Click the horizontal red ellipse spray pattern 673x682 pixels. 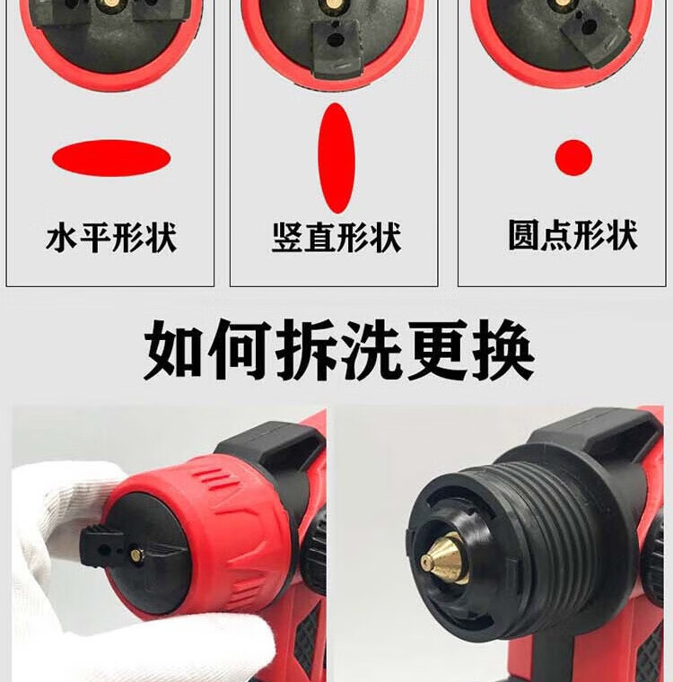coord(111,158)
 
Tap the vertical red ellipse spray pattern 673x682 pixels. coord(336,158)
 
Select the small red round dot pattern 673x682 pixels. coord(573,157)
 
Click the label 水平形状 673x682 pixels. coord(111,237)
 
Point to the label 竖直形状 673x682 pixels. coord(336,237)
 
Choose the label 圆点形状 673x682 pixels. coord(572,235)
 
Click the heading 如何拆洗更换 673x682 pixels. coord(339,350)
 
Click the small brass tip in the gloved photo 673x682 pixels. coord(136,555)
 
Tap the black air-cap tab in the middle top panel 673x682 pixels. coord(336,48)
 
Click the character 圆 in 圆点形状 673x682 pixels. coord(524,235)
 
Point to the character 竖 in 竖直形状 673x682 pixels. coord(287,237)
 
